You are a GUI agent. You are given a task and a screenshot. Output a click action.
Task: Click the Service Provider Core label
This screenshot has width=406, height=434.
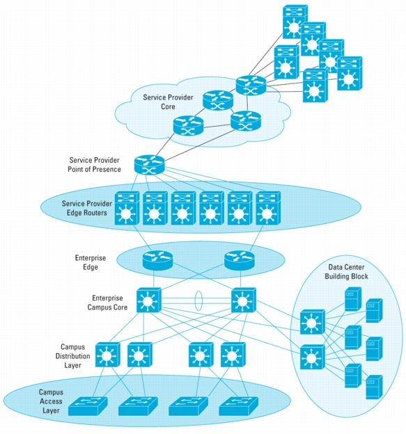[168, 102]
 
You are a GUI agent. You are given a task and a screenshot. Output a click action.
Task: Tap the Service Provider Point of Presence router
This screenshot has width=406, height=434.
[149, 165]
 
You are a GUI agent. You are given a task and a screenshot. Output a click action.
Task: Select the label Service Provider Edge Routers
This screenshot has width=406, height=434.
[87, 208]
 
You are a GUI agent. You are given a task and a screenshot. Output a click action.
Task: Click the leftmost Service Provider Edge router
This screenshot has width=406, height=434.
[127, 208]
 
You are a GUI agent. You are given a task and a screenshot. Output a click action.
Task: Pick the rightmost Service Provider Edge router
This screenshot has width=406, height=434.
[268, 208]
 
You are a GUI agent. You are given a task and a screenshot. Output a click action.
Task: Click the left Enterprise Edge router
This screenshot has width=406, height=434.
[157, 260]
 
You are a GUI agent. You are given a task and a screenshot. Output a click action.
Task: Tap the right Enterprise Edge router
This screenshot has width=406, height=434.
[239, 260]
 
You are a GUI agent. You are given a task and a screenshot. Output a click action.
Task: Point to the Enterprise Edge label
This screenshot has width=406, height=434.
[91, 262]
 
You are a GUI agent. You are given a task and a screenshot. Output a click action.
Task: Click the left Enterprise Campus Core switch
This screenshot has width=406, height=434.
[149, 300]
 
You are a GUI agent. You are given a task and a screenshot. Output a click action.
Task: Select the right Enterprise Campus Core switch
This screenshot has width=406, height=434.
[244, 300]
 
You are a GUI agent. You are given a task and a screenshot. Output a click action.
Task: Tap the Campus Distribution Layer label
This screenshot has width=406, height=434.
[72, 356]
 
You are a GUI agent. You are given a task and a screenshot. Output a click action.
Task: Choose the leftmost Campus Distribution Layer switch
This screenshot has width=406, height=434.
[108, 355]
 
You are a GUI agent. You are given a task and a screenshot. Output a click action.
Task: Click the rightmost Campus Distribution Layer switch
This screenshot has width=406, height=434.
[233, 355]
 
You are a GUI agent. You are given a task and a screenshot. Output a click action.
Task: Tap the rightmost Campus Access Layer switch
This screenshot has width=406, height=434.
[239, 406]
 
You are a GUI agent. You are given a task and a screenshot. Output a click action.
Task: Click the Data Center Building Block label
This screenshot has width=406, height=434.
[346, 271]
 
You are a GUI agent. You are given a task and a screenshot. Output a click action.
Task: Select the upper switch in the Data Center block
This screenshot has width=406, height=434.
[313, 322]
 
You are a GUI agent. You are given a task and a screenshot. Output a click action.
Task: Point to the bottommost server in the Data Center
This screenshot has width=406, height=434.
[374, 387]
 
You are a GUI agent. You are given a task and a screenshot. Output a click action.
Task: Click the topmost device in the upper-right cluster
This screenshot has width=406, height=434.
[295, 22]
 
